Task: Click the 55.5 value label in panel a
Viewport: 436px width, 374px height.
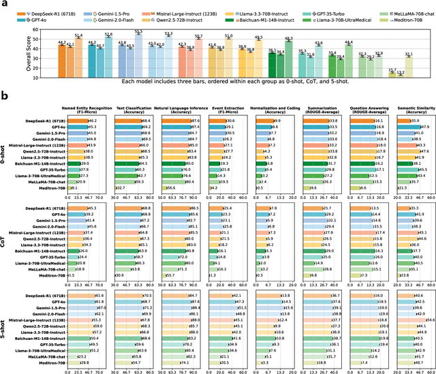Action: (x=138, y=31)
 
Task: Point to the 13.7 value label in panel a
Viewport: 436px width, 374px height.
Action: (x=392, y=69)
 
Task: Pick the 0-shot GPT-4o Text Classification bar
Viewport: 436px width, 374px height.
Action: (x=129, y=127)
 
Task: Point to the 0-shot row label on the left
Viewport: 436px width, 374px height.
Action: (x=5, y=153)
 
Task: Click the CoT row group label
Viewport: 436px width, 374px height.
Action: (x=5, y=240)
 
